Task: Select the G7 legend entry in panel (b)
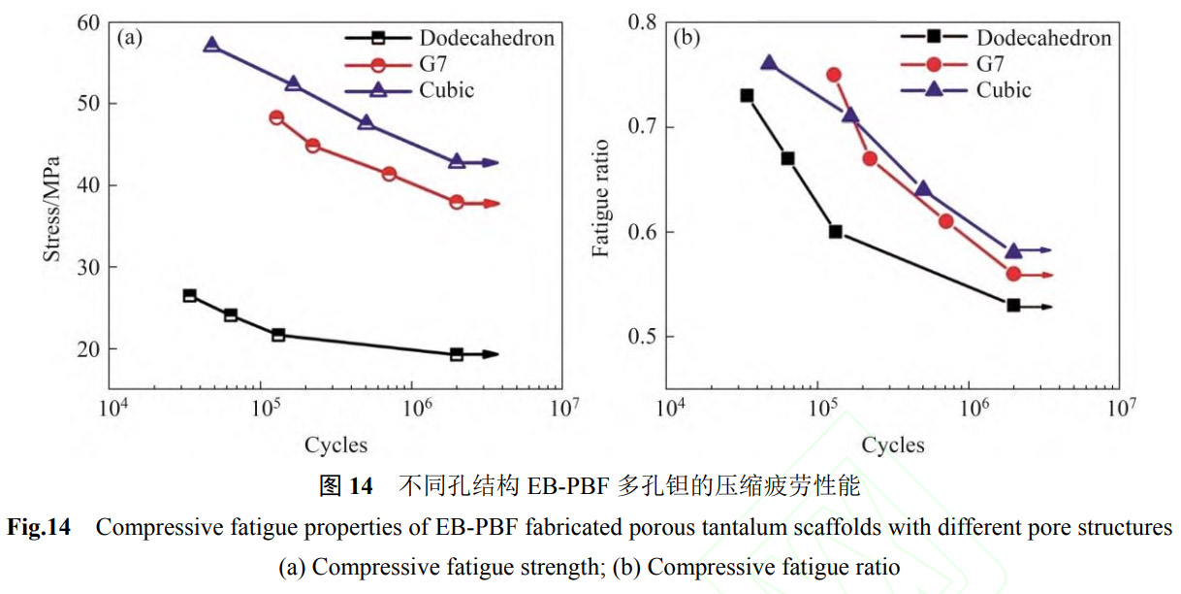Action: coord(990,64)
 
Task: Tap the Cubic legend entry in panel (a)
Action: coord(447,90)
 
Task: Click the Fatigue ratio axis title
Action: coord(601,198)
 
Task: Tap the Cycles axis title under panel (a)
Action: coord(336,445)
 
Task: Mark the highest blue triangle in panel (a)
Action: coord(211,45)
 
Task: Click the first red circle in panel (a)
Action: coord(276,117)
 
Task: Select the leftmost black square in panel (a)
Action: coord(190,295)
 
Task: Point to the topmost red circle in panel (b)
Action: coord(834,75)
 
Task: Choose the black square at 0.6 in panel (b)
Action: coord(835,232)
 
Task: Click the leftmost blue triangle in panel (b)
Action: coord(769,63)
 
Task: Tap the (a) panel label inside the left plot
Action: coord(130,39)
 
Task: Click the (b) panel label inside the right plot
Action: coord(686,39)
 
